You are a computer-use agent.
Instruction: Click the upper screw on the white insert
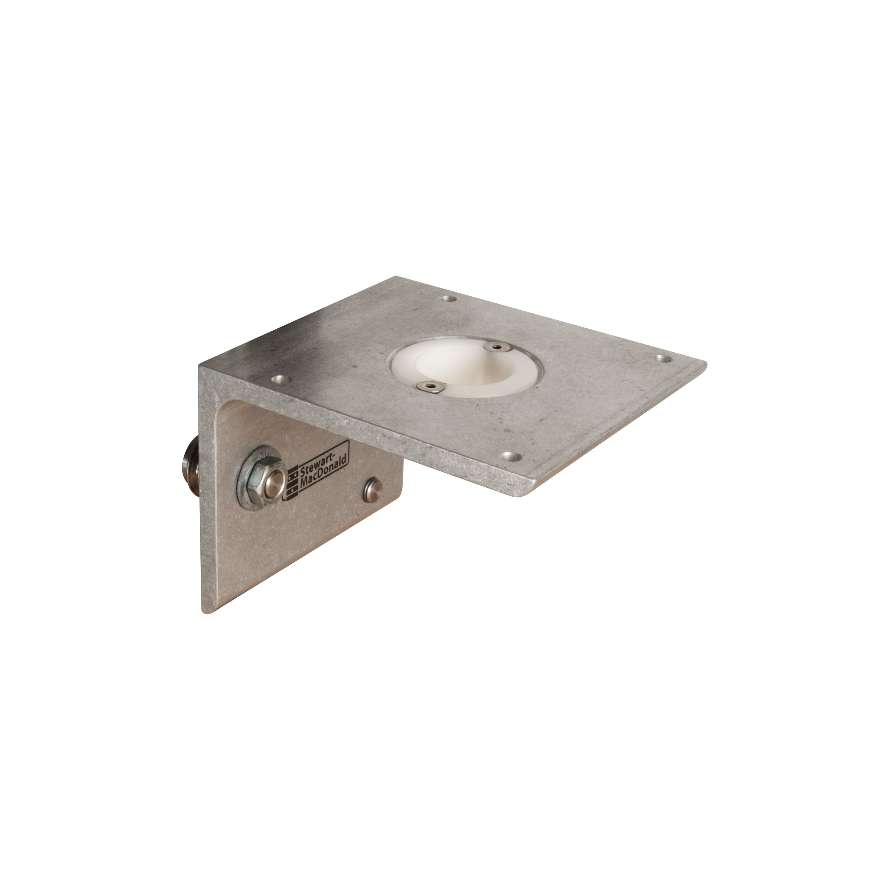(496, 346)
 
